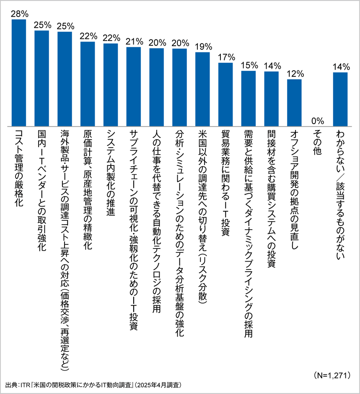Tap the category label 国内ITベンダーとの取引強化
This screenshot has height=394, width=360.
coord(42,184)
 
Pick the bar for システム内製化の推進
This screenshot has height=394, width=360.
coord(111,84)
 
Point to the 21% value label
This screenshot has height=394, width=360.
coord(134,41)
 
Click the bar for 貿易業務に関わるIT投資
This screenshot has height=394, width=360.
coord(226,94)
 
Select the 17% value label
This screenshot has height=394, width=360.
coord(226,57)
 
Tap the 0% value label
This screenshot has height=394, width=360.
coord(318,121)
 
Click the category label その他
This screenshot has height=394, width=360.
coord(318,143)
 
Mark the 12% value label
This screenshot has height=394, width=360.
coord(295,73)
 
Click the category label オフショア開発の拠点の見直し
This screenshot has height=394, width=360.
coord(294,184)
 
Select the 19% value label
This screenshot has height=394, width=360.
coord(203,47)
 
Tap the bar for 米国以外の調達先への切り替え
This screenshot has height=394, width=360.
coord(203,89)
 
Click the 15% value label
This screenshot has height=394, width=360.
coord(249,65)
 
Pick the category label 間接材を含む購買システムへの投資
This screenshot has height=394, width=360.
coord(271,192)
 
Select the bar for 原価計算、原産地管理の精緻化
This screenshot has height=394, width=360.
coord(88,84)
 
